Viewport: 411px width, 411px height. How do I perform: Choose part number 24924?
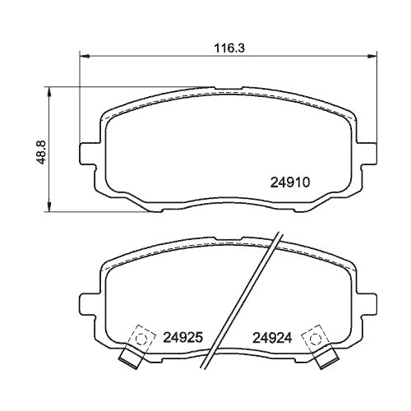coord(273,337)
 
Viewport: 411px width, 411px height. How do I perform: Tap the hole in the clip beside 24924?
coord(312,337)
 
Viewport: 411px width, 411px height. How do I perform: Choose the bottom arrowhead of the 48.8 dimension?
coord(52,206)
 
